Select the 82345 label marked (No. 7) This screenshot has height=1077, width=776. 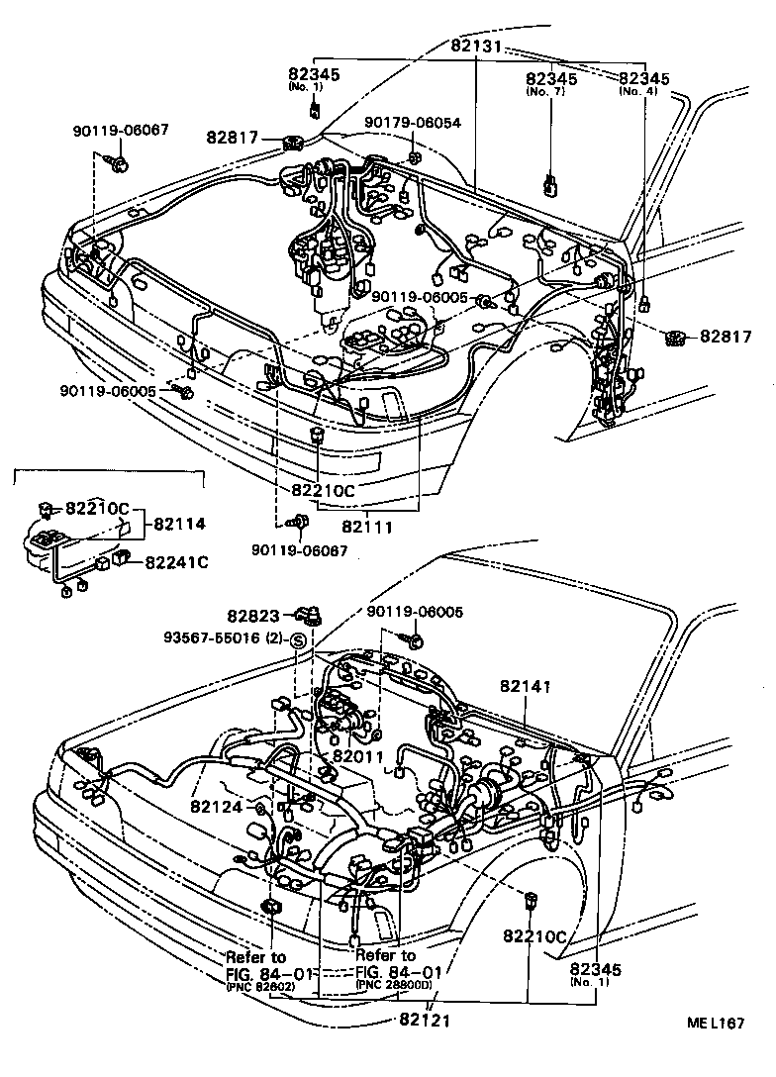551,79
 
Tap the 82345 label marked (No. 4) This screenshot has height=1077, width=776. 644,79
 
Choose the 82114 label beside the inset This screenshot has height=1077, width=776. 178,524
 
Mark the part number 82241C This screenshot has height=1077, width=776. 176,562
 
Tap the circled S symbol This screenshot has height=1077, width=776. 300,641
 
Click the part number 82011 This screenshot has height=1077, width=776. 356,756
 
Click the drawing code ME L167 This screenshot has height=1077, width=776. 717,1025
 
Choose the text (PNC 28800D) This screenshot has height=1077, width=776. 394,986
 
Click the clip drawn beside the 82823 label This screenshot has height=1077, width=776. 313,615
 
